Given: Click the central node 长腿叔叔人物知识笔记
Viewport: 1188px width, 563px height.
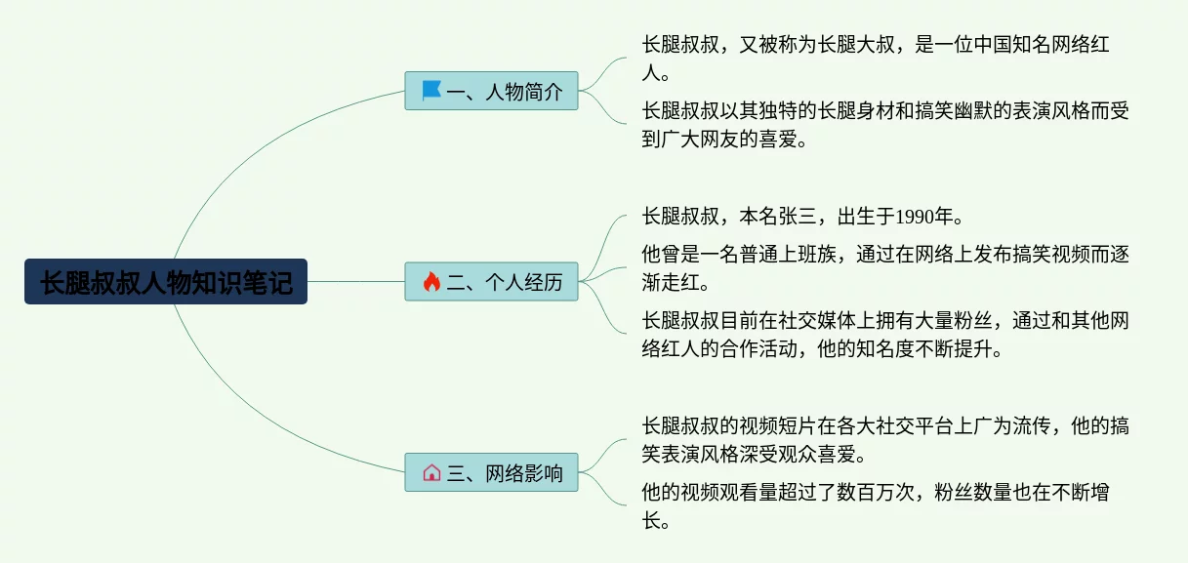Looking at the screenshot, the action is click(x=166, y=281).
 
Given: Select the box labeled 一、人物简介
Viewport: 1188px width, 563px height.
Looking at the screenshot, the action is click(x=491, y=91).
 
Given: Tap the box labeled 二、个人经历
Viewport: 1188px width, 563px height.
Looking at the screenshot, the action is click(x=491, y=281).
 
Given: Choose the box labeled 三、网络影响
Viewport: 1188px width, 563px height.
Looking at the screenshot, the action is click(x=491, y=472).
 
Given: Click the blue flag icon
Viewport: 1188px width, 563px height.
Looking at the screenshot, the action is click(x=431, y=90).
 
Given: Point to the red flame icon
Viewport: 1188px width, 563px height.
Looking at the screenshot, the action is click(x=431, y=281).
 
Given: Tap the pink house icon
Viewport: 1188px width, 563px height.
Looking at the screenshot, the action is click(x=431, y=472).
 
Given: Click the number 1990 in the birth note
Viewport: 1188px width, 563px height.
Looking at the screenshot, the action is click(x=915, y=217).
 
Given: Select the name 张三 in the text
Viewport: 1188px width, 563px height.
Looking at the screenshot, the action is click(x=798, y=217).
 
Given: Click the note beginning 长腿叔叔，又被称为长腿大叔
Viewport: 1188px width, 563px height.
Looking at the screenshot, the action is click(x=875, y=59).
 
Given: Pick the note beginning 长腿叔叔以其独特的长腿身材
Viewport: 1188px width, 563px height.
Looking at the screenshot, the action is click(x=885, y=125).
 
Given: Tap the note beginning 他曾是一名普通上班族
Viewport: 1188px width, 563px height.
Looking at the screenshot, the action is click(x=885, y=268).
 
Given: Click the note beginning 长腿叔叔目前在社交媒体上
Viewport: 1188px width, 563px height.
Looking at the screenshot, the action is click(x=885, y=335).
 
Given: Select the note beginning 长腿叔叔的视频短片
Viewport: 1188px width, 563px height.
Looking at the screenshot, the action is click(x=885, y=440).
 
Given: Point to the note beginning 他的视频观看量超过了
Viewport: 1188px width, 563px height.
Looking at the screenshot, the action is click(x=875, y=506).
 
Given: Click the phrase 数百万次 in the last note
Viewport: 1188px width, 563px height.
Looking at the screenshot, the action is click(x=876, y=493).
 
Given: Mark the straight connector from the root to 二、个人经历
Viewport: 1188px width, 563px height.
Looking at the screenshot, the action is click(x=356, y=281).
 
